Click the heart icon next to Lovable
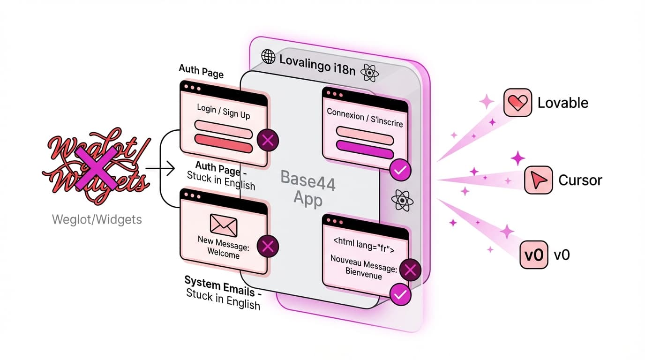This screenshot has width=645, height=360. pos(517,103)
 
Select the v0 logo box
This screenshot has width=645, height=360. pos(534,255)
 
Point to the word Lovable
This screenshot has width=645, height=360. pos(562,103)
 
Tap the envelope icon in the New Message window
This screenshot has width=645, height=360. pos(223,225)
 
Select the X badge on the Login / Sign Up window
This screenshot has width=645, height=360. pos(268,140)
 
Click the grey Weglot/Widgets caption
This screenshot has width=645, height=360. pos(96,218)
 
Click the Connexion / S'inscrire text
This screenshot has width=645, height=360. pos(365,117)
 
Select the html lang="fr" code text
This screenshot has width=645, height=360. pos(364,245)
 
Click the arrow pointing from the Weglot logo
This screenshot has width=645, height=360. pos(160,167)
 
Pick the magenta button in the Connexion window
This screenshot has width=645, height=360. pos(365,152)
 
